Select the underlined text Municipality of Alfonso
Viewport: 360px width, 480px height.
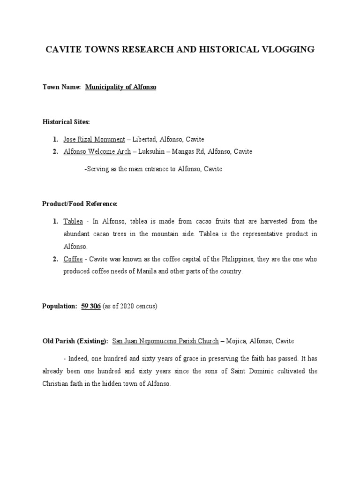[120, 87]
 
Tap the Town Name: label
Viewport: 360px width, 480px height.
[61, 87]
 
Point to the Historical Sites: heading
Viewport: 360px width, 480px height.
[66, 122]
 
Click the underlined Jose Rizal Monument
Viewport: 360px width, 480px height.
[94, 139]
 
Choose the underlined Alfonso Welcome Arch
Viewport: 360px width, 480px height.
[97, 151]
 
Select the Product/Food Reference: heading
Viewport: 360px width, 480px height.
[80, 204]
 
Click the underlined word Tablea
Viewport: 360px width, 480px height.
[73, 221]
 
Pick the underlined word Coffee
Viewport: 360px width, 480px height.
[73, 259]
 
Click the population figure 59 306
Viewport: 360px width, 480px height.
[91, 306]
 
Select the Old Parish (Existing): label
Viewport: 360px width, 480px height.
[75, 341]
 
